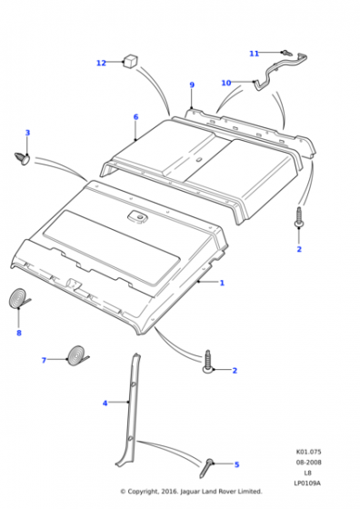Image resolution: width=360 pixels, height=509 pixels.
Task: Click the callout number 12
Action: pyautogui.click(x=101, y=63)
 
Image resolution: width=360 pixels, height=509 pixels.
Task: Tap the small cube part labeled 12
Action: pyautogui.click(x=130, y=61)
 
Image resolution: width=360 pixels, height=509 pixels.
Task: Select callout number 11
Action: pyautogui.click(x=255, y=54)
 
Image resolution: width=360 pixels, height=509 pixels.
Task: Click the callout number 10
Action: pyautogui.click(x=226, y=83)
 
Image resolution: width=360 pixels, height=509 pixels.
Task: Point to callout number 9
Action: pyautogui.click(x=192, y=85)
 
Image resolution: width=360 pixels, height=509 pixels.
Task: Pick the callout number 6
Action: pyautogui.click(x=135, y=117)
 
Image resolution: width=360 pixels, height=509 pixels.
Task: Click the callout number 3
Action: pyautogui.click(x=27, y=133)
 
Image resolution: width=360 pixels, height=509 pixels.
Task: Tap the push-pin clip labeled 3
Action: pyautogui.click(x=23, y=158)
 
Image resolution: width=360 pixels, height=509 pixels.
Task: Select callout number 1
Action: pyautogui.click(x=222, y=283)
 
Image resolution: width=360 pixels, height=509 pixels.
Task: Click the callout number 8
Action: pyautogui.click(x=19, y=333)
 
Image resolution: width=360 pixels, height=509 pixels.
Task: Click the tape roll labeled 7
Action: pyautogui.click(x=77, y=355)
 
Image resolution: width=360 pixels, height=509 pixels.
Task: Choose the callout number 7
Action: pyautogui.click(x=44, y=360)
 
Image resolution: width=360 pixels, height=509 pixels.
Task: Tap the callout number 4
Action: pyautogui.click(x=105, y=404)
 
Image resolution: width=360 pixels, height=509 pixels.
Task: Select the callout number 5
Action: pyautogui.click(x=236, y=464)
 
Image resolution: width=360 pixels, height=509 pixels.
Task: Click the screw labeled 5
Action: pyautogui.click(x=206, y=468)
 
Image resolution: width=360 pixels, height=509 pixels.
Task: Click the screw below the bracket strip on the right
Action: pyautogui.click(x=298, y=216)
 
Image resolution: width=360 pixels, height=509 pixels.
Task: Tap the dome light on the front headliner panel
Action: pyautogui.click(x=136, y=216)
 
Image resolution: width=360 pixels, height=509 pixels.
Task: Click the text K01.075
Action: pyautogui.click(x=308, y=452)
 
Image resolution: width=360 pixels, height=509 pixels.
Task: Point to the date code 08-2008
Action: pyautogui.click(x=308, y=463)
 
